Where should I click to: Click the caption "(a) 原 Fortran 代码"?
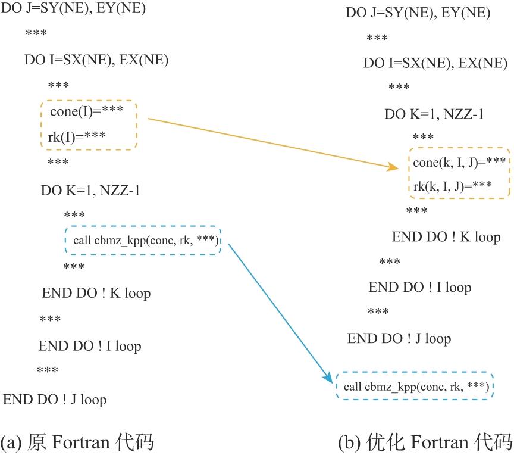coord(77,442)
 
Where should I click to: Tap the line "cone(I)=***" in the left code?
coord(86,111)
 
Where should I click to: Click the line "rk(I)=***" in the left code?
coord(77,136)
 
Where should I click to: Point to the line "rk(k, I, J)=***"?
coord(452,185)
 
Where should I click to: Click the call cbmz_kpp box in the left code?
coord(143,240)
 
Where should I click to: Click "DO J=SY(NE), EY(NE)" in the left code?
coord(74,9)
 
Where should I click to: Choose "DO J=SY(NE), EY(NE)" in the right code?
coord(418,13)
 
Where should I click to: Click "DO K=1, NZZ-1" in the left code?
coord(90,191)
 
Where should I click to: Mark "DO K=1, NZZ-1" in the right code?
coord(434,113)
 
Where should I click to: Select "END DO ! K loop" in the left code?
coord(96,293)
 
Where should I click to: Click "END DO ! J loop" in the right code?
coord(399,339)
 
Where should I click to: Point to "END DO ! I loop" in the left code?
coord(90,346)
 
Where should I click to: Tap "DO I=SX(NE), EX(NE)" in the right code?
coord(435,63)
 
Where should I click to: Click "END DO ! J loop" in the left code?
coord(55,399)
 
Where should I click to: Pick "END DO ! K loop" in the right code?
coord(446,236)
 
